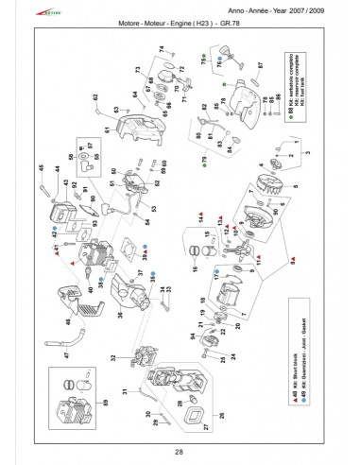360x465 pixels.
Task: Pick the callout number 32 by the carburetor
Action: pyautogui.click(x=113, y=356)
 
